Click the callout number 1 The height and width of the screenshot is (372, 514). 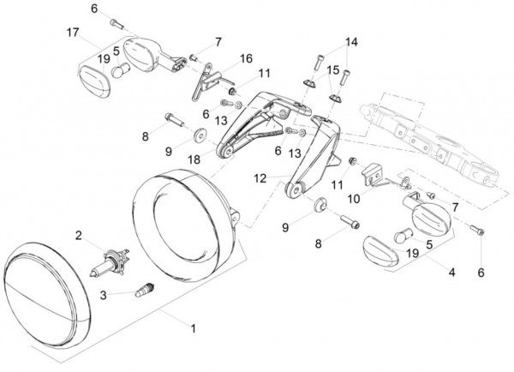(194, 328)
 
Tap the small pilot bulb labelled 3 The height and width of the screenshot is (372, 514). (145, 289)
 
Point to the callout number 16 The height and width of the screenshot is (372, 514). (246, 58)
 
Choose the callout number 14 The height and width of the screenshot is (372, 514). (351, 42)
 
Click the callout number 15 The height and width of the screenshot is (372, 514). (333, 70)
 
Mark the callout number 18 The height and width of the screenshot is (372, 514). (194, 159)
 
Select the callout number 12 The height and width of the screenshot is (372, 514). (260, 178)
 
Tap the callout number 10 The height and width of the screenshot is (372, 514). (353, 199)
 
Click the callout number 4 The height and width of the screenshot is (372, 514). (452, 272)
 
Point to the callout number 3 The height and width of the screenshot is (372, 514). (104, 295)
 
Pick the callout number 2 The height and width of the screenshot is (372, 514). (78, 235)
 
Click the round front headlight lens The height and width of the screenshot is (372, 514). (47, 295)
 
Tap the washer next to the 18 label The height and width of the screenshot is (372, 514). (199, 135)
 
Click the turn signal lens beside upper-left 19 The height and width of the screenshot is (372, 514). (95, 81)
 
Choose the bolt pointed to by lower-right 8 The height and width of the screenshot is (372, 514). (350, 222)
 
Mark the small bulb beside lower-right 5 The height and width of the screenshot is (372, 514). (402, 236)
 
